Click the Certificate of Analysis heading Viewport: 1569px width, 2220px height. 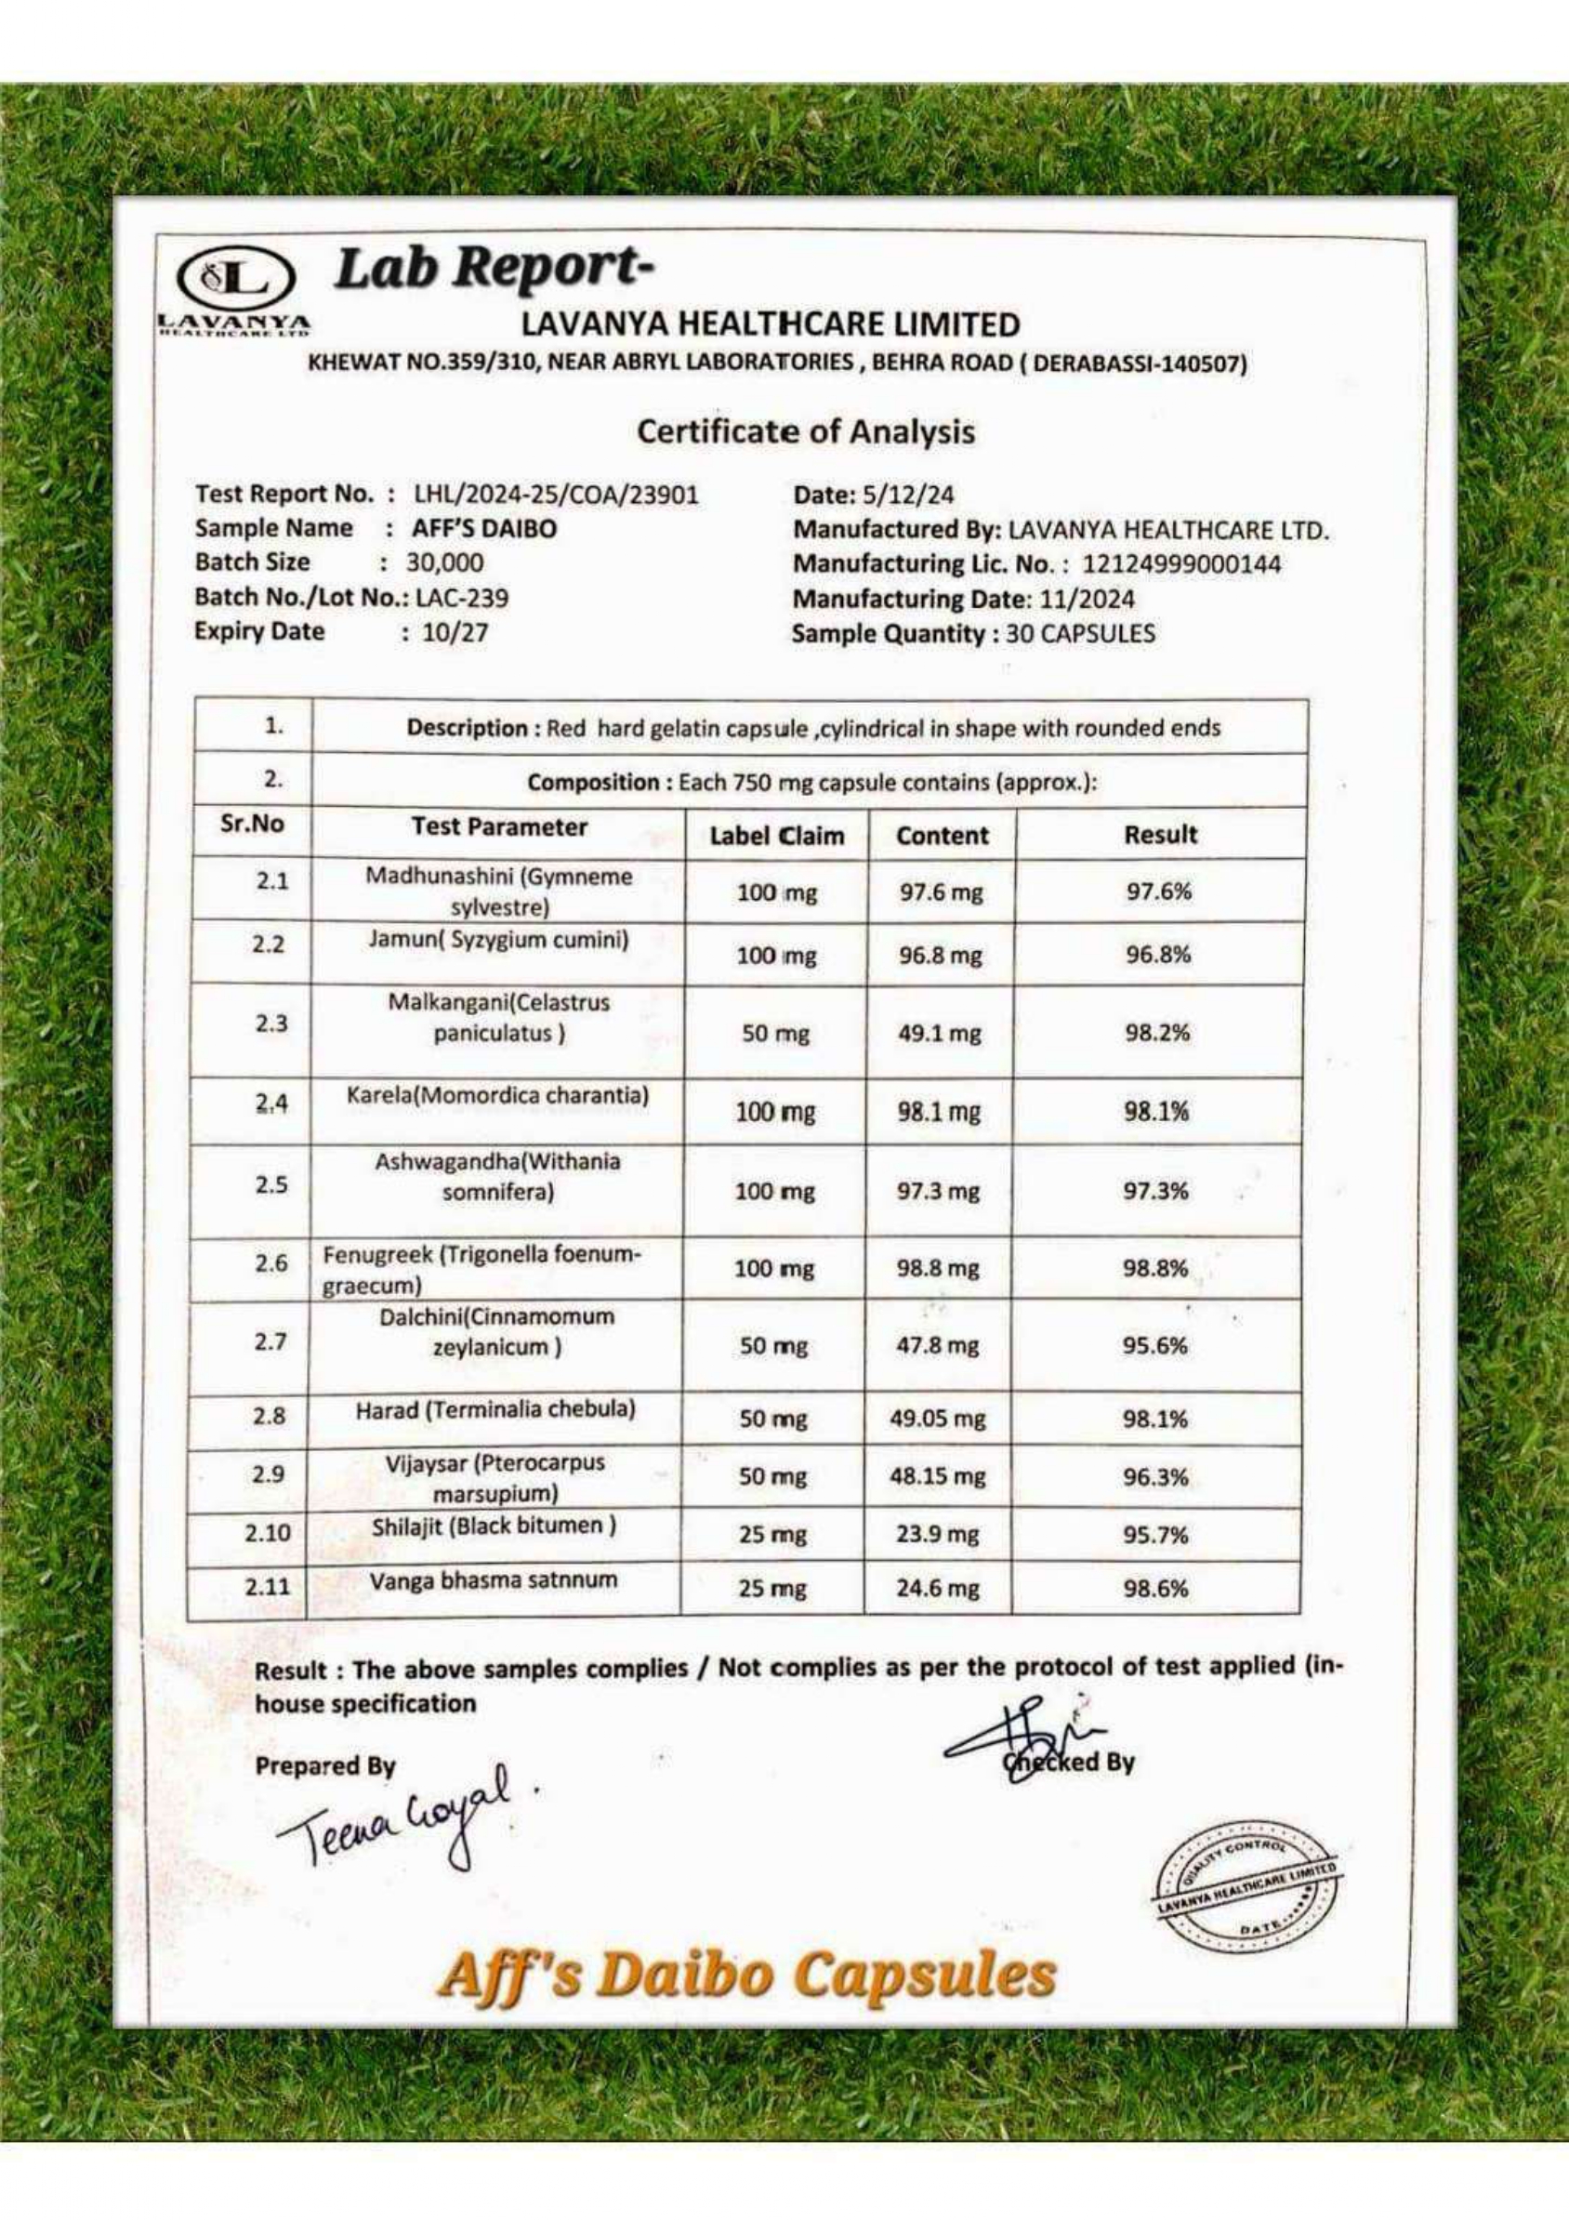(x=805, y=432)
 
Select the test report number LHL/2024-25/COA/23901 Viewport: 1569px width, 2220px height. (x=556, y=496)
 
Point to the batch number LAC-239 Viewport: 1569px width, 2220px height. (x=461, y=598)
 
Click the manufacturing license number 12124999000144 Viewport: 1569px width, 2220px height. (x=1181, y=564)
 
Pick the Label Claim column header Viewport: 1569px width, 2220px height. (x=776, y=837)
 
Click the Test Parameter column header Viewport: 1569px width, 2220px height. (x=499, y=827)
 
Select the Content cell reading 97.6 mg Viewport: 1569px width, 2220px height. (x=941, y=893)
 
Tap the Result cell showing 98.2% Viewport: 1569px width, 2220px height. (x=1156, y=1034)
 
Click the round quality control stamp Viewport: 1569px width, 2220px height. (x=1246, y=1883)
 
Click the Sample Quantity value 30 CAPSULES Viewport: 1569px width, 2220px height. (x=1080, y=634)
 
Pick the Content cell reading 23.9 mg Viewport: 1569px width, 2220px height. (x=937, y=1535)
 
